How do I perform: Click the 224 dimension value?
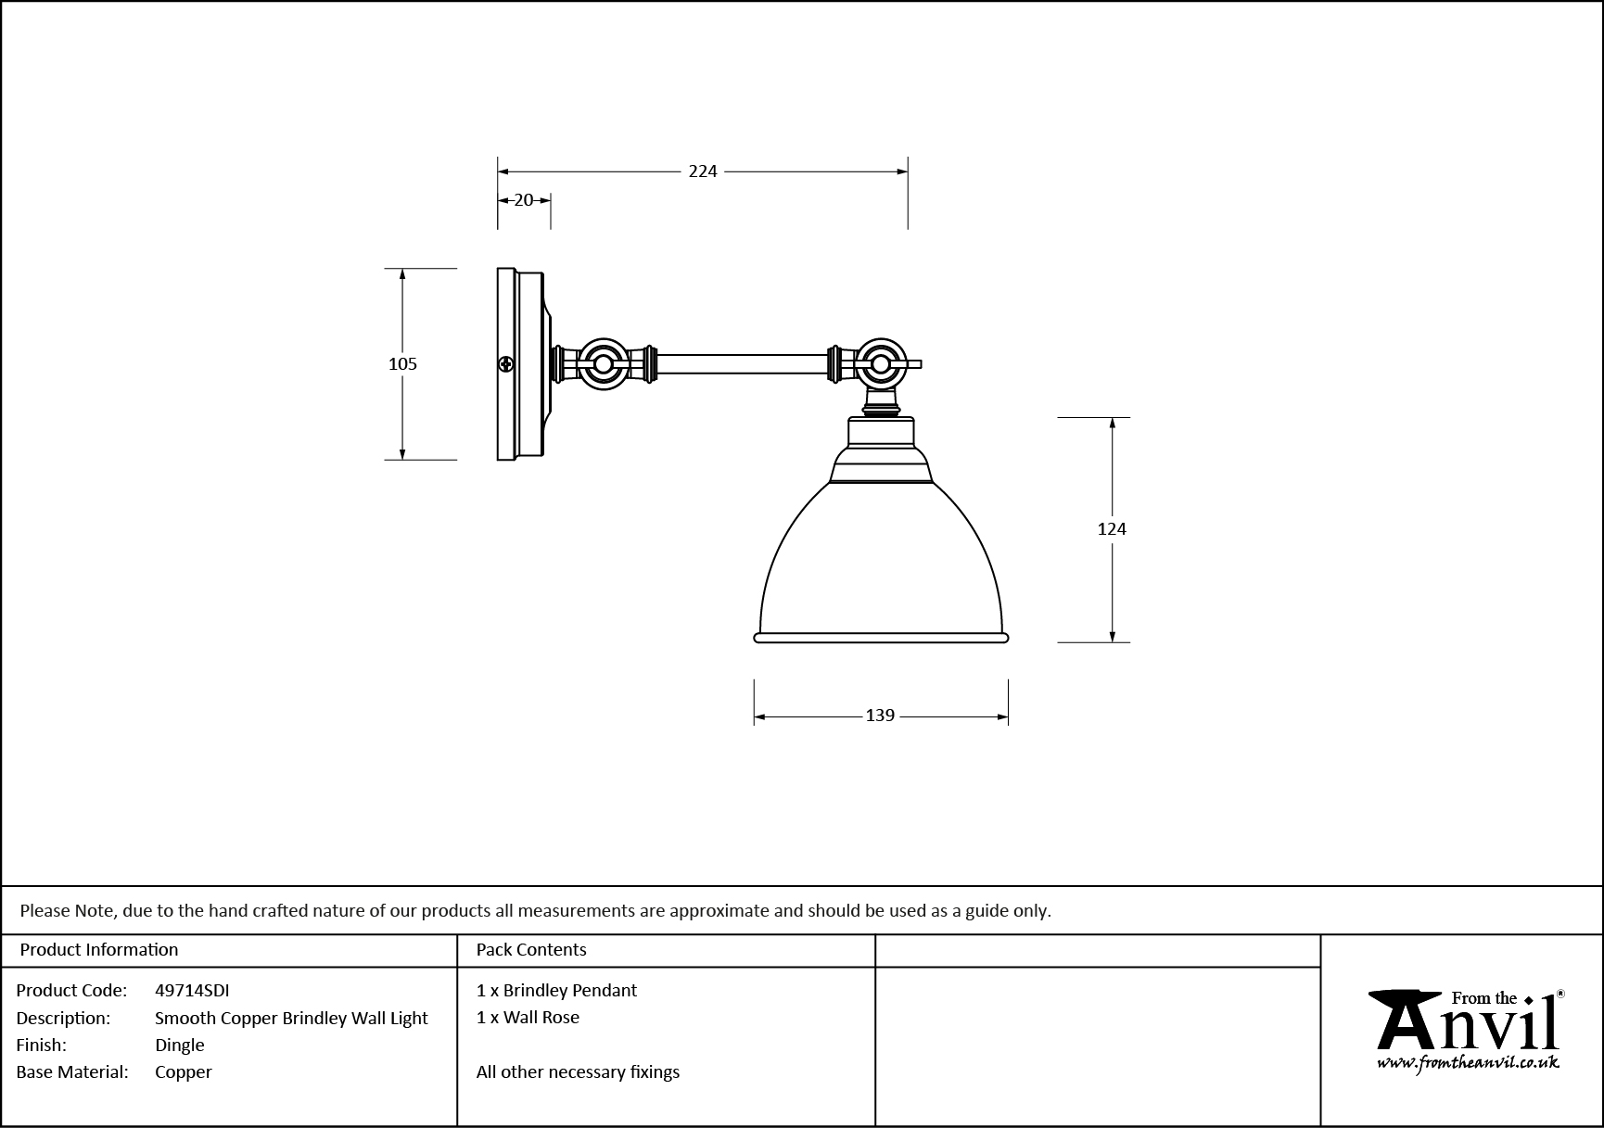point(703,171)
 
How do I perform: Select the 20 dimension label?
point(524,200)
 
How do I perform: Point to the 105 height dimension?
point(402,364)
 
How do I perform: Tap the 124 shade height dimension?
point(1111,529)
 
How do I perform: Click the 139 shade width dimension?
point(879,716)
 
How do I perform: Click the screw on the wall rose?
point(506,364)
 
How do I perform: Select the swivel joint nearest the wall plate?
point(603,364)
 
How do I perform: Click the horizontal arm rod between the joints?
point(742,364)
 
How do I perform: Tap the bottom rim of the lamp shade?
point(881,638)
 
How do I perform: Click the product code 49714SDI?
point(192,990)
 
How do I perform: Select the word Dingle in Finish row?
point(180,1045)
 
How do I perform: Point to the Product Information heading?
point(99,950)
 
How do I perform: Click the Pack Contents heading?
point(531,950)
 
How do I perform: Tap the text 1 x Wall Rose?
point(528,1017)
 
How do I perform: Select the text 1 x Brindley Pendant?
point(556,990)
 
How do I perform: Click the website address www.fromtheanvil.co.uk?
point(1468,1063)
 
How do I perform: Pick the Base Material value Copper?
point(184,1071)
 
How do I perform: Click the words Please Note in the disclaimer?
point(68,910)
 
